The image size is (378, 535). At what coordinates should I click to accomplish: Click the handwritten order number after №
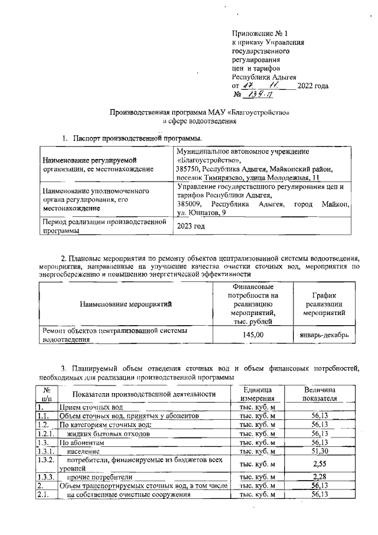259,95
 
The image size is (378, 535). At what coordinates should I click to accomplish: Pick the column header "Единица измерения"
258,394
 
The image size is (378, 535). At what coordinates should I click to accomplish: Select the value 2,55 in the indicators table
319,463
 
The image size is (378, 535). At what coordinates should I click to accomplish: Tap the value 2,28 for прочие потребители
319,476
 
